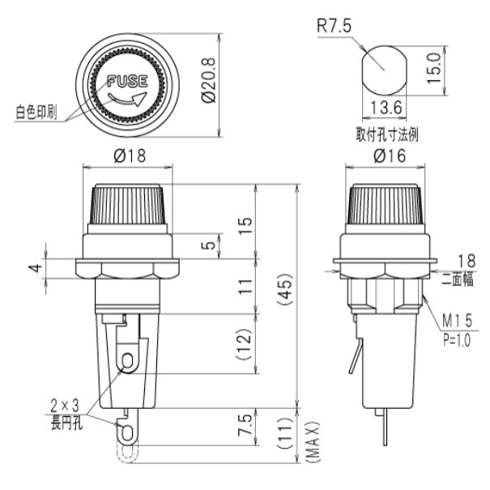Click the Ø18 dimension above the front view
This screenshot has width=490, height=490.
coord(128,157)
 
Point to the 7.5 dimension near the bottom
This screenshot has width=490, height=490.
coord(245,422)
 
